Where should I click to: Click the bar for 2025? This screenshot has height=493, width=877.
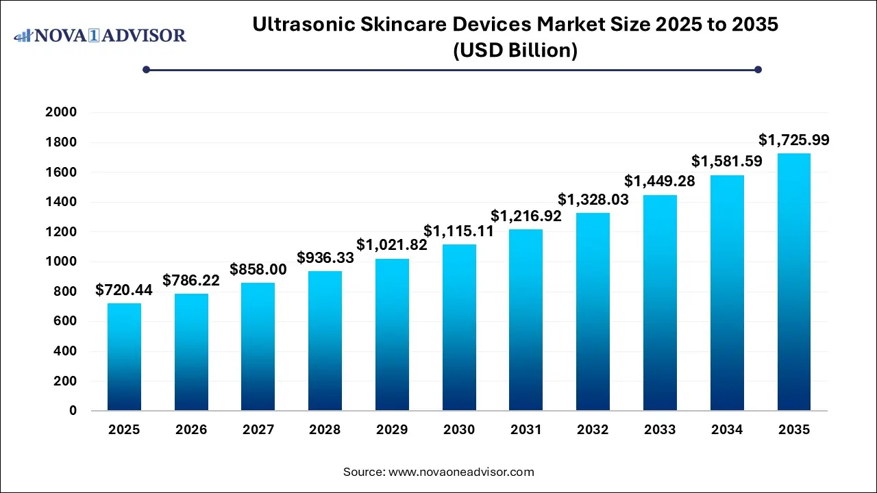click(124, 357)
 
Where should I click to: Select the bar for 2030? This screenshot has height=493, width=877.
click(459, 327)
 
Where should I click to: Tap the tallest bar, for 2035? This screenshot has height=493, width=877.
click(794, 281)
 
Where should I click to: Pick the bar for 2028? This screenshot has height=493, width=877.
click(325, 340)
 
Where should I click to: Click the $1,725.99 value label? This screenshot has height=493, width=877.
click(794, 140)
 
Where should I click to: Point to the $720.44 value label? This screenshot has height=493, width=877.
click(124, 290)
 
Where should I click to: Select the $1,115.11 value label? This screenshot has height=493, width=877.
click(459, 231)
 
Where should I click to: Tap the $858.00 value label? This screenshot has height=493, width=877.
click(258, 270)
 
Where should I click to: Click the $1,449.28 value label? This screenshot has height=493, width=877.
click(660, 182)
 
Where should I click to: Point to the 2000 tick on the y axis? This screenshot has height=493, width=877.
click(61, 112)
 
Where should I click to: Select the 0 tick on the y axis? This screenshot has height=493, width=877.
click(72, 411)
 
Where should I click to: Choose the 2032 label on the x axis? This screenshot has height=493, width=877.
click(593, 430)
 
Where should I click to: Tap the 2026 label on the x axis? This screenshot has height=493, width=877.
click(191, 430)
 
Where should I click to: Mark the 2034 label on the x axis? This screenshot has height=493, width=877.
click(727, 430)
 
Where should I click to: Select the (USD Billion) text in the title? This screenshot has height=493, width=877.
click(515, 50)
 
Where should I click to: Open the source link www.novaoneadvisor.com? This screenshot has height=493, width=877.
click(461, 472)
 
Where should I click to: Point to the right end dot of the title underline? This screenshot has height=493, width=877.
click(758, 69)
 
